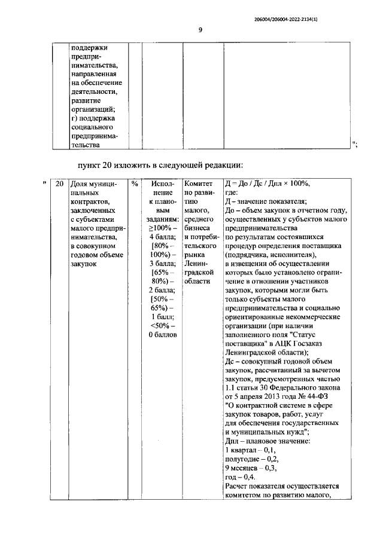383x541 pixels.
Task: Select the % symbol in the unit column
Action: point(135,184)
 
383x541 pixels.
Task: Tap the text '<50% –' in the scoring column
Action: point(162,326)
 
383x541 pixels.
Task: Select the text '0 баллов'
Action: point(162,336)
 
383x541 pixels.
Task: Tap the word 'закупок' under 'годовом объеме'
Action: point(83,265)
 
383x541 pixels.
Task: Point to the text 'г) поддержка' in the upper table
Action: point(93,118)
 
